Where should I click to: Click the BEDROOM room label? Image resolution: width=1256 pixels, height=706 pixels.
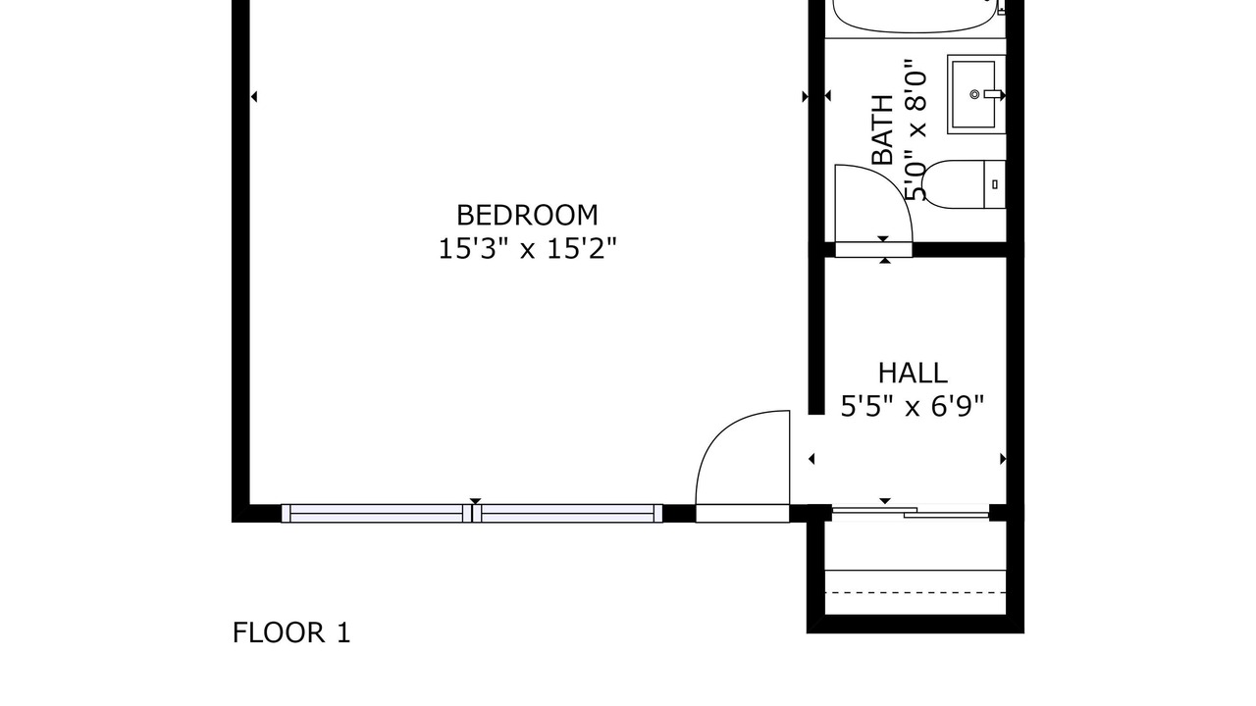pos(527,215)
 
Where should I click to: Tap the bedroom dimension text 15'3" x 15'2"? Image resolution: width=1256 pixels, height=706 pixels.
pos(527,249)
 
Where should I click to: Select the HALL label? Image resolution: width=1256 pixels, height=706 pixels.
pos(913,374)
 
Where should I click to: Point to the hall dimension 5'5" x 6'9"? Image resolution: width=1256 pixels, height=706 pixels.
pos(913,406)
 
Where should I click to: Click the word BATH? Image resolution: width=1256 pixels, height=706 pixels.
pos(882,130)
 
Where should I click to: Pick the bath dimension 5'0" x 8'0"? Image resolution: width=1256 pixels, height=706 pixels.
pos(916,130)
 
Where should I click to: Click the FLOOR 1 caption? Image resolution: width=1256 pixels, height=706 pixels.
pos(291,633)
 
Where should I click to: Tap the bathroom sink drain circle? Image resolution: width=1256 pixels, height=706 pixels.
pos(974,94)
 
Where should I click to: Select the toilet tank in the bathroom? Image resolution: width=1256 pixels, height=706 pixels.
pos(995,184)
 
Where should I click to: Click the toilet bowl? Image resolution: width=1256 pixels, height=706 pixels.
pos(953,184)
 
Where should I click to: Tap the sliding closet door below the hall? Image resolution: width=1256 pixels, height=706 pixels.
pos(911,512)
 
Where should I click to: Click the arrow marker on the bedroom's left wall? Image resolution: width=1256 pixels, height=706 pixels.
pos(254,97)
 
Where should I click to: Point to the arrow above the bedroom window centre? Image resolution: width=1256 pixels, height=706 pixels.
pos(476,501)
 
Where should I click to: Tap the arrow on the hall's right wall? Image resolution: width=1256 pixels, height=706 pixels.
pos(1003,460)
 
